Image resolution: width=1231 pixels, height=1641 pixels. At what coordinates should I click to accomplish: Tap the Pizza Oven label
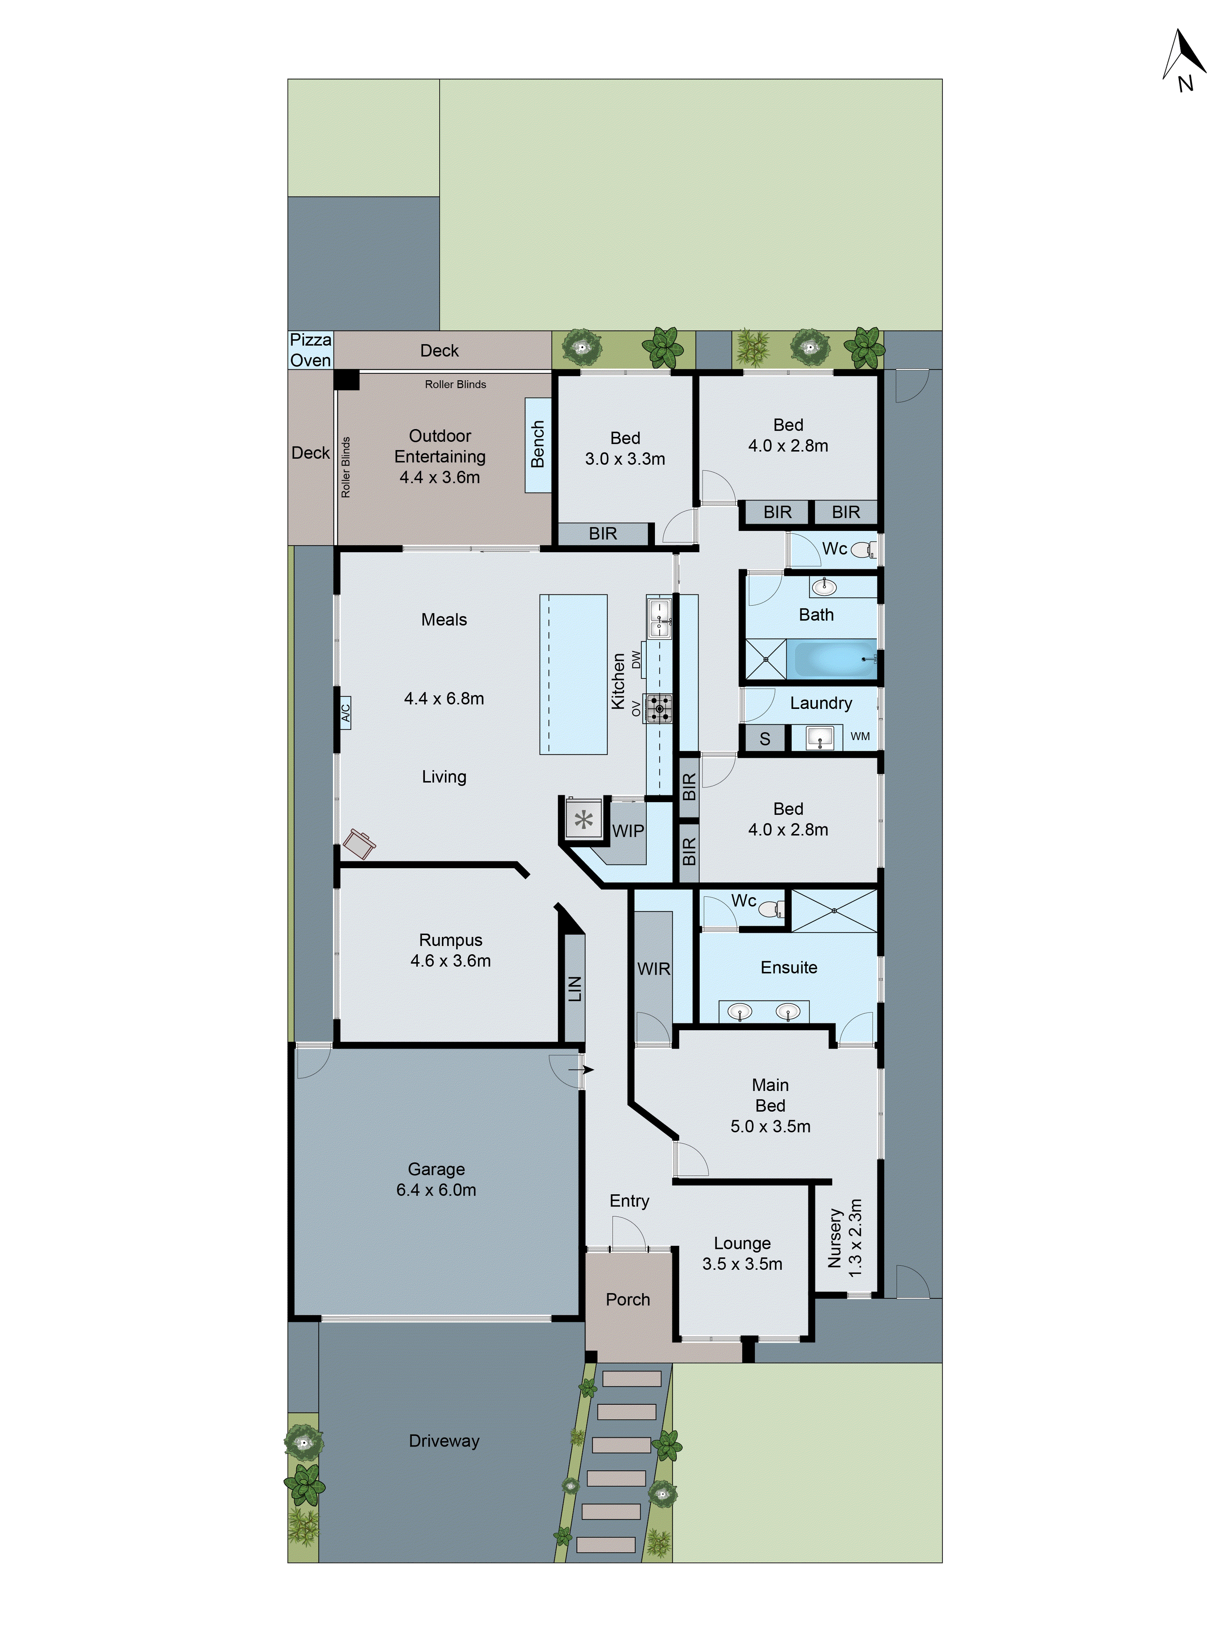coord(310,350)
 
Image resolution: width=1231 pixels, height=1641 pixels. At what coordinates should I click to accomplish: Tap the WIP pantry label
coord(628,831)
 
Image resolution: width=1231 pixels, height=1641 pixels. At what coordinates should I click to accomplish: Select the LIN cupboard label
coord(575,989)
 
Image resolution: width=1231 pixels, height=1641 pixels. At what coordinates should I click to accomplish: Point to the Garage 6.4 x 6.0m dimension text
coord(436,1190)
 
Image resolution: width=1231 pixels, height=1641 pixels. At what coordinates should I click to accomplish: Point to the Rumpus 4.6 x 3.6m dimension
coord(451,961)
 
